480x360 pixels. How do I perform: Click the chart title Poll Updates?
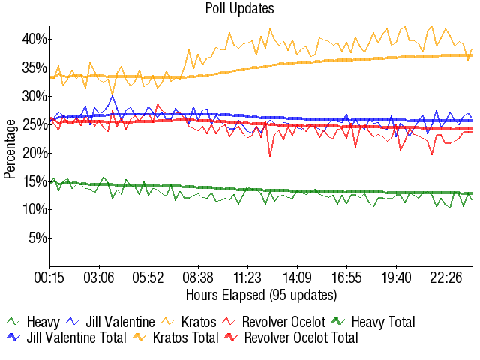coord(239,9)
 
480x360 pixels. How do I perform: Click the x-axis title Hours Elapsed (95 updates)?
coord(261,294)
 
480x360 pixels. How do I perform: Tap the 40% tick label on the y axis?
coord(34,39)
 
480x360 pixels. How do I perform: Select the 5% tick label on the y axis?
coord(37,238)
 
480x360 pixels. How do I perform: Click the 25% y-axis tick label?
coord(34,124)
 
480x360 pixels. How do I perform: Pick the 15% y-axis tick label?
coord(34,181)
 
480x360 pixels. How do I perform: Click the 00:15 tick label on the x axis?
coord(50,278)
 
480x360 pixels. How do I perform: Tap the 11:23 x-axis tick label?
coord(247,278)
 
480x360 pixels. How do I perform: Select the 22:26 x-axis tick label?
coord(445,278)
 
